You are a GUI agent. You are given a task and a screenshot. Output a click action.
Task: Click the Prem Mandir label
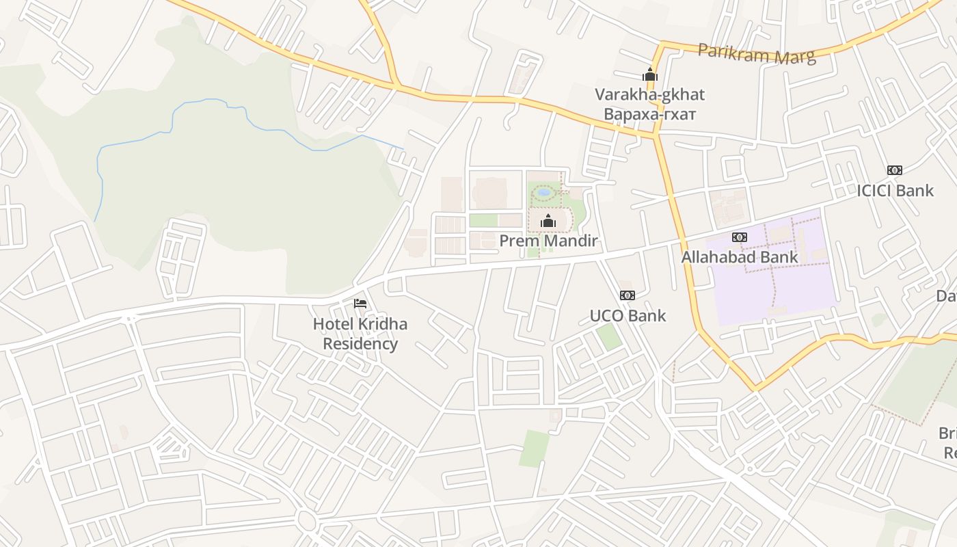[x=548, y=241]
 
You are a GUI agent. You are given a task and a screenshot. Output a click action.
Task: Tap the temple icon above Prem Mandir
[x=548, y=221]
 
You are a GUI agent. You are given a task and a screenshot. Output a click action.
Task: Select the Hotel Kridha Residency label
[x=360, y=334]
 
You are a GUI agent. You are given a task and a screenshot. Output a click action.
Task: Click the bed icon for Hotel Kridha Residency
[x=360, y=303]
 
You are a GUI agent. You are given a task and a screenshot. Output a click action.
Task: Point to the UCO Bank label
[x=628, y=316]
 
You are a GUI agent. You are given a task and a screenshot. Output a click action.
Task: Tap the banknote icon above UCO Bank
[x=627, y=295]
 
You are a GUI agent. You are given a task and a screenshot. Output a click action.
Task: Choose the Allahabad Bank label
[x=740, y=258]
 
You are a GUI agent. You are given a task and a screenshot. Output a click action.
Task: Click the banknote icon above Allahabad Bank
[x=739, y=237]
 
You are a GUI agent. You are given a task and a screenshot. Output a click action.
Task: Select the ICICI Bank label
[x=895, y=191]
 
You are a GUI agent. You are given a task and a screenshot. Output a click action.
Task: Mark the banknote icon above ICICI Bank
[x=894, y=170]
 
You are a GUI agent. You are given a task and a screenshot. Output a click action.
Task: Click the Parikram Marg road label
[x=757, y=53]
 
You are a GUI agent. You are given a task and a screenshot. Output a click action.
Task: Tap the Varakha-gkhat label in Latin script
[x=649, y=94]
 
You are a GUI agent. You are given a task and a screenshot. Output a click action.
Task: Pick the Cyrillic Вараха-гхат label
[x=649, y=114]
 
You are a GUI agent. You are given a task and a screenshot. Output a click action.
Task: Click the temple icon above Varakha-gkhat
[x=649, y=75]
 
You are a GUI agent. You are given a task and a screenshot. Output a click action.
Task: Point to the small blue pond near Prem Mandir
[x=544, y=193]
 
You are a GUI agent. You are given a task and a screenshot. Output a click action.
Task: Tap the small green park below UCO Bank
[x=608, y=336]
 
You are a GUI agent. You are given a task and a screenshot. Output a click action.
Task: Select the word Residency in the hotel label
[x=360, y=343]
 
